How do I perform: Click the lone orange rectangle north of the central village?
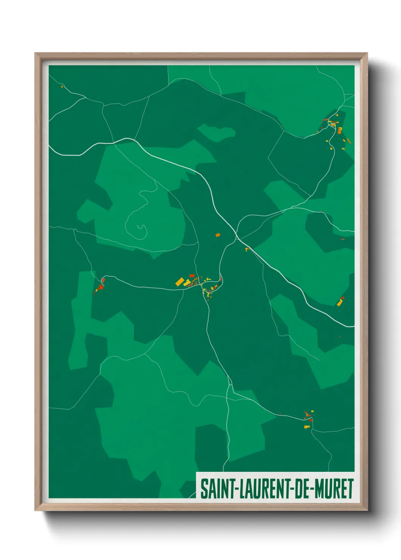tap(218, 235)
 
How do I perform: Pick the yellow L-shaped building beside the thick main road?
tap(247, 249)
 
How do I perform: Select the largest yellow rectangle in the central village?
tap(180, 282)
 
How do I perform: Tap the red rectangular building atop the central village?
tap(192, 275)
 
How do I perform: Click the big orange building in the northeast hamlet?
tap(340, 130)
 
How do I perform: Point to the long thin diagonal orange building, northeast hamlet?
tap(348, 141)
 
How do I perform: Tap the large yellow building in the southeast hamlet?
tap(307, 427)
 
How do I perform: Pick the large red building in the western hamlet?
tap(101, 287)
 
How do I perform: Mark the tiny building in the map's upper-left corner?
tap(62, 87)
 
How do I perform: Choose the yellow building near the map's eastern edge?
tap(340, 303)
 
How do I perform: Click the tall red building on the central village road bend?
tap(221, 279)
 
